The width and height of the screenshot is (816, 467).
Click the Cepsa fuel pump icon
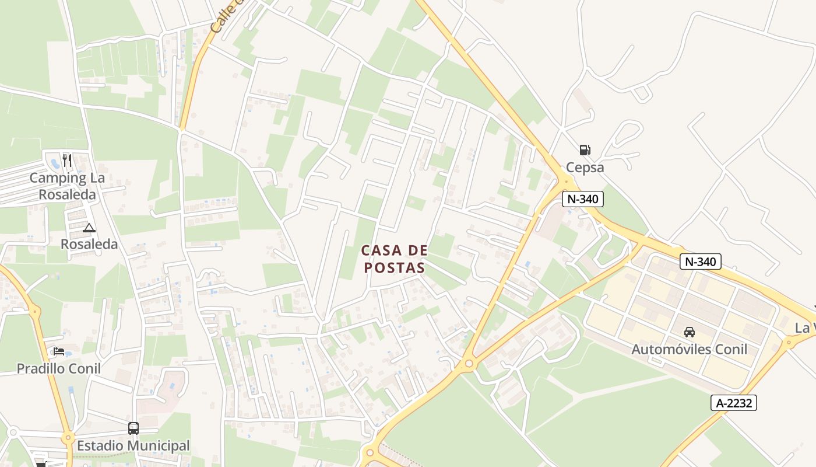coord(585,150)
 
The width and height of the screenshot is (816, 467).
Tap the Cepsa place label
coord(585,168)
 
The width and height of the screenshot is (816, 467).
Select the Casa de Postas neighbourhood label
coord(394,259)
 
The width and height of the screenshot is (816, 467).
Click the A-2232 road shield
coord(733,403)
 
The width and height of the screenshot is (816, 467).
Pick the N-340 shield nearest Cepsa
coord(582,199)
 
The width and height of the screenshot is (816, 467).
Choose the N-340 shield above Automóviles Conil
coord(700,262)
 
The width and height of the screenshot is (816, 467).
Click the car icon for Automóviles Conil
coord(689,332)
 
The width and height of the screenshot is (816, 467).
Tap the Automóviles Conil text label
coord(689,349)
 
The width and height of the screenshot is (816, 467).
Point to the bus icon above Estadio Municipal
coord(133,428)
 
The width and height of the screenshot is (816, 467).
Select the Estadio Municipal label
coord(133,446)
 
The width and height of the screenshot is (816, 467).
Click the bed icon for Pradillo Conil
coord(59,351)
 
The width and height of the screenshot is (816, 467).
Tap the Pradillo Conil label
coord(58,369)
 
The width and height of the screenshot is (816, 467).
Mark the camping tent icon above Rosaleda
coord(89,228)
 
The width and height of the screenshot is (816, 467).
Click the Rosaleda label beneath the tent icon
coord(89,244)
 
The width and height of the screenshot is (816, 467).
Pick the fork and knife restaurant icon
coord(67,160)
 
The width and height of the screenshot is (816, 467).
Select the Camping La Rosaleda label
coord(67,186)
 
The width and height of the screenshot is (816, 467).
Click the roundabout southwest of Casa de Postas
coord(469,364)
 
